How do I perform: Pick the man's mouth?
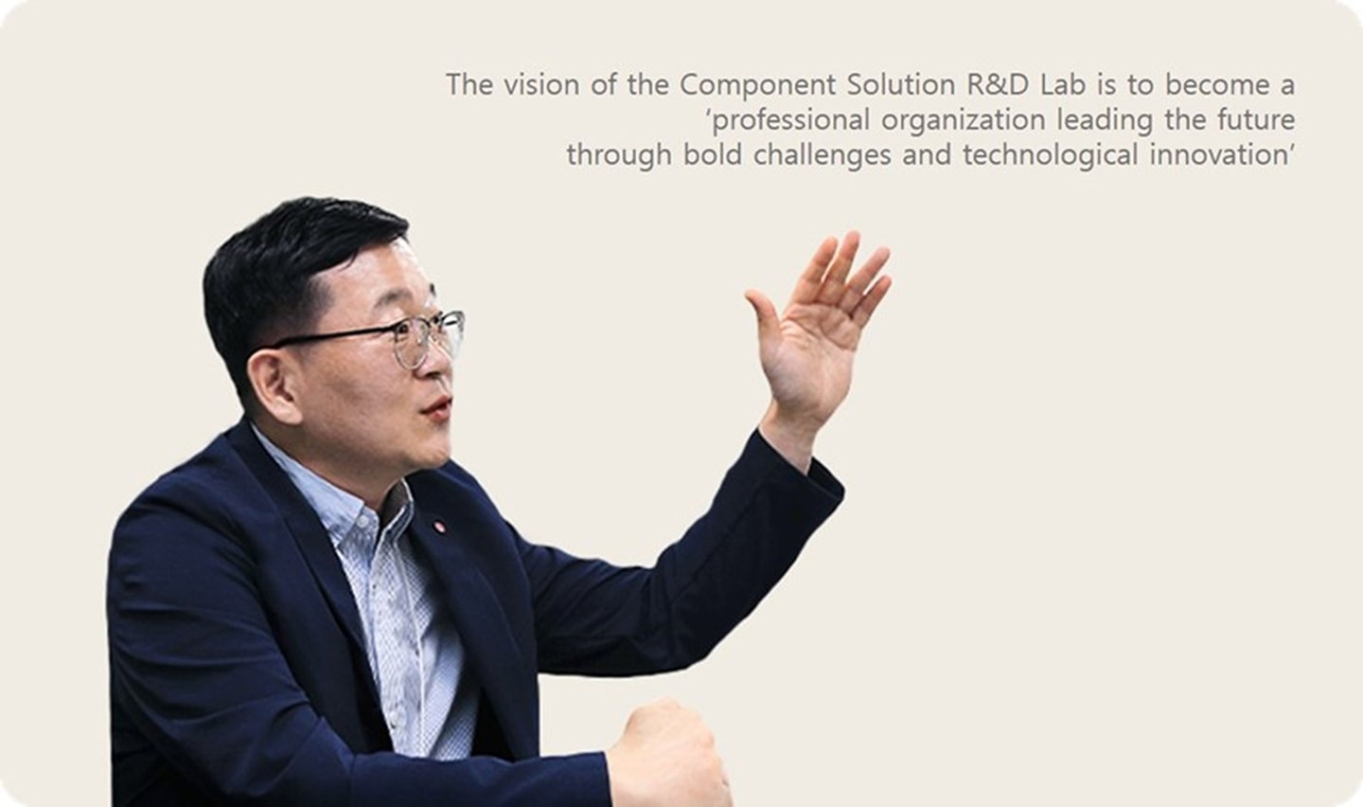pyautogui.click(x=436, y=408)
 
